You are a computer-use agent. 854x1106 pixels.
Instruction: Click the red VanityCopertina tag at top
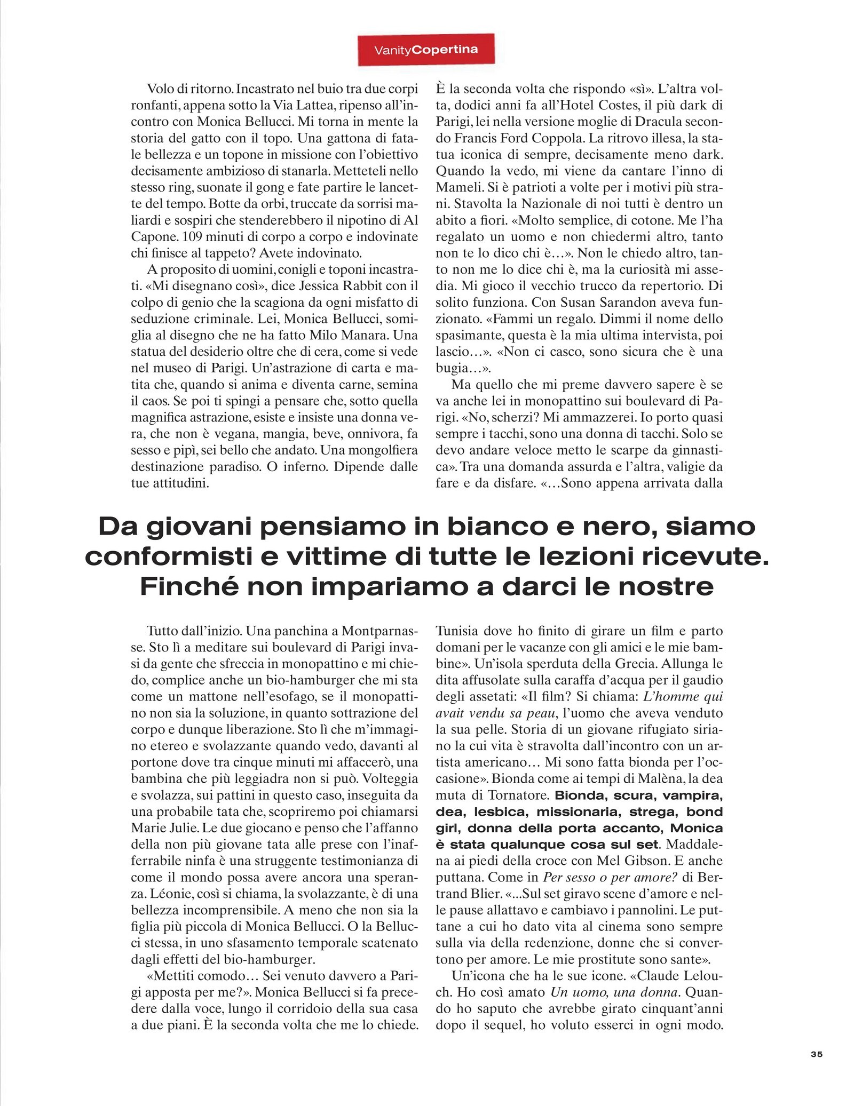425,50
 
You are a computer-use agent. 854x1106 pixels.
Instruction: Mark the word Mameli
458,187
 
